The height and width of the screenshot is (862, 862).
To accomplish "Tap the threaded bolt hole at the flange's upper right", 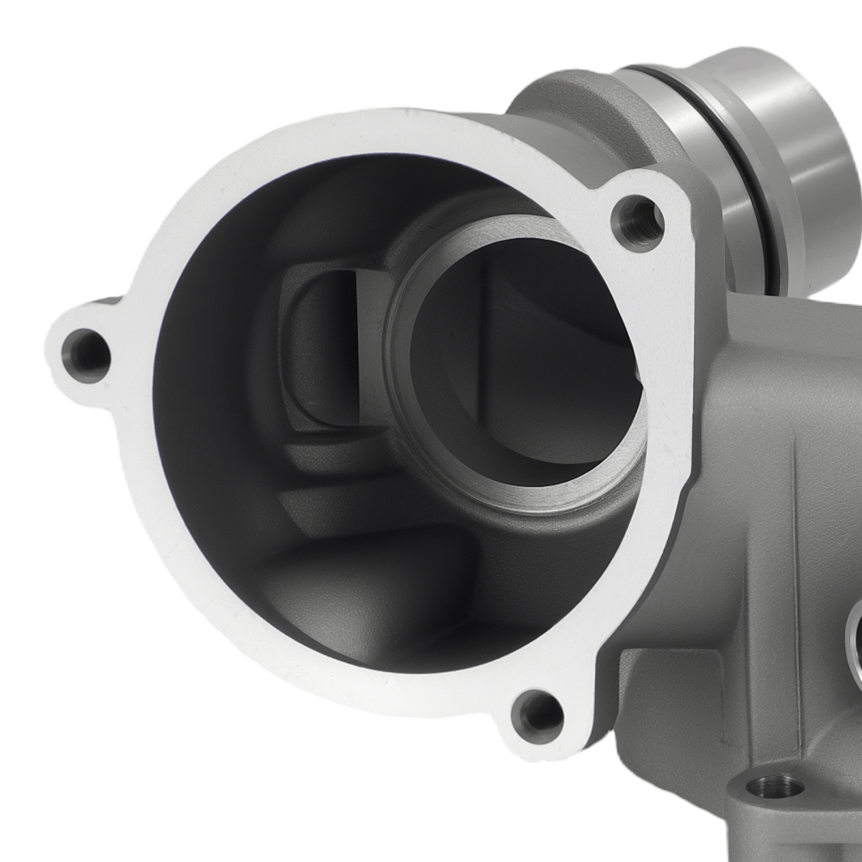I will click(638, 223).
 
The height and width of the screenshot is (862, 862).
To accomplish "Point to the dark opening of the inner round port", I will click(517, 362).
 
